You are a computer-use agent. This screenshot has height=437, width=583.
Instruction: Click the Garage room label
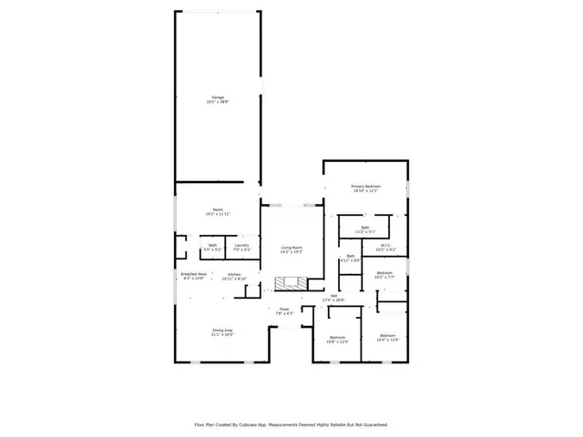click(x=218, y=97)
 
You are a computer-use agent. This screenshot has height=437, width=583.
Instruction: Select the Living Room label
click(x=291, y=248)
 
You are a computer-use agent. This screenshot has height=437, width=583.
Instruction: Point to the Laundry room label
click(x=241, y=244)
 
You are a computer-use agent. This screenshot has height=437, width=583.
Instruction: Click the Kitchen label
click(x=234, y=274)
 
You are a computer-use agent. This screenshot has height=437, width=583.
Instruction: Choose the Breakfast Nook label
click(x=191, y=274)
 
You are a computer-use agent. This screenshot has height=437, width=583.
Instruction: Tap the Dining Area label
click(x=222, y=330)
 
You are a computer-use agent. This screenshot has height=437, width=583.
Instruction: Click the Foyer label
click(x=284, y=310)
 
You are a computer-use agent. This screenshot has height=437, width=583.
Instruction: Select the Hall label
click(x=334, y=295)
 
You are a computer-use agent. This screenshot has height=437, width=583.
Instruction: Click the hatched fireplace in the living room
click(x=286, y=284)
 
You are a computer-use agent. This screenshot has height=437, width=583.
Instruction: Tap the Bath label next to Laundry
click(x=212, y=244)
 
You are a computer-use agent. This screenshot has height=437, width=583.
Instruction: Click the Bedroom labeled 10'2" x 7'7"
click(x=384, y=272)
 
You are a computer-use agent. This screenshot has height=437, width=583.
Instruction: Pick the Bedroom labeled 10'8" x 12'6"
click(x=337, y=337)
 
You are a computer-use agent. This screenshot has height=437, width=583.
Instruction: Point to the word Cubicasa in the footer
click(x=250, y=424)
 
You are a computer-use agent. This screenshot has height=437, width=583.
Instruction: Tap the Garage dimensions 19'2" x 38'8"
click(x=218, y=101)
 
